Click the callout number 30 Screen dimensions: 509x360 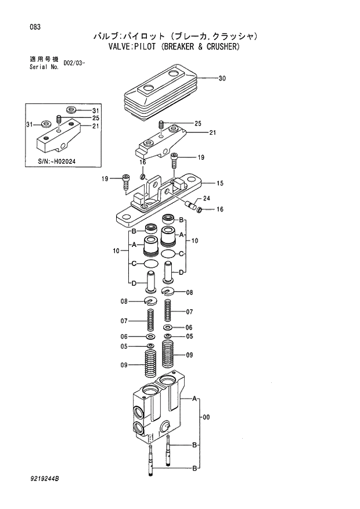click(x=222, y=78)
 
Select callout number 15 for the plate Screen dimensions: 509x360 click(x=220, y=184)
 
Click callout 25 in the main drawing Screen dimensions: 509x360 click(x=197, y=124)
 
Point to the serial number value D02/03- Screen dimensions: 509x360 click(x=74, y=62)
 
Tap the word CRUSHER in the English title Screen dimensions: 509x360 click(x=219, y=46)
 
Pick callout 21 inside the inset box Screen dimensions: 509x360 click(x=95, y=126)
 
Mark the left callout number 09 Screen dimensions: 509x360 click(x=124, y=365)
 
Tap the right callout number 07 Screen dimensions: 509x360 click(x=189, y=312)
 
